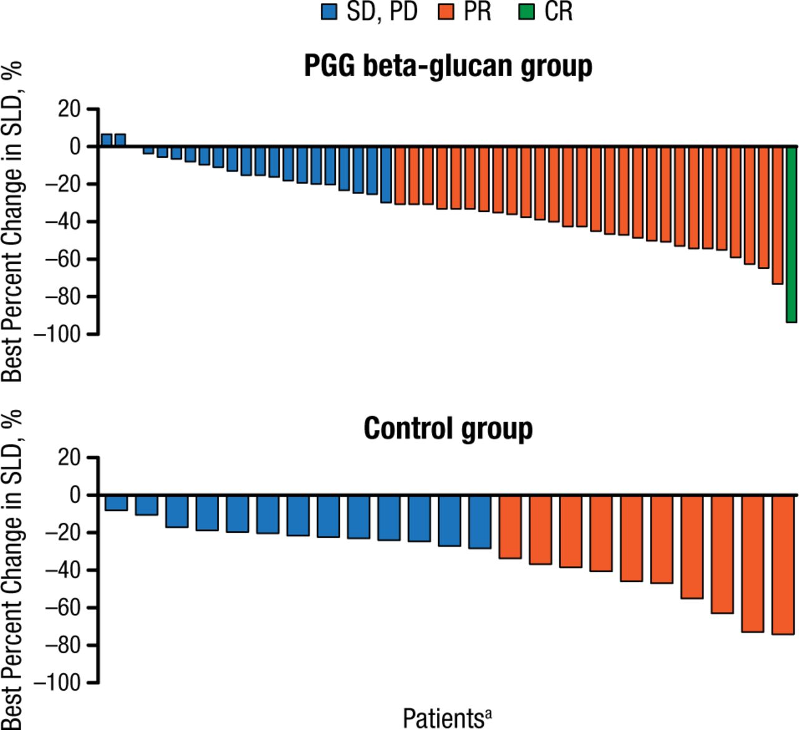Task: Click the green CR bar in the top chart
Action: [791, 234]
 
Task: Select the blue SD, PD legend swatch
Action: [329, 12]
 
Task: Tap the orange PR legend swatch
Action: [446, 12]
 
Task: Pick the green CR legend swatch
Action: [527, 12]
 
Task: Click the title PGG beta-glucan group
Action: [448, 66]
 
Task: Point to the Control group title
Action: [448, 429]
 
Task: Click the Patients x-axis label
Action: [442, 718]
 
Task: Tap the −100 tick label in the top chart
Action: [57, 334]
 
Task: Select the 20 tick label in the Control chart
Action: [69, 457]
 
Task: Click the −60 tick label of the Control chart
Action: [63, 608]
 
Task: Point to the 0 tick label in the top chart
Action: [75, 147]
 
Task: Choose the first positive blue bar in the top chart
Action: [107, 140]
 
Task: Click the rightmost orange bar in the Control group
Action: [783, 565]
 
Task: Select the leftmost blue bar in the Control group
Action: [116, 503]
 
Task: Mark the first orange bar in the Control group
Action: [510, 527]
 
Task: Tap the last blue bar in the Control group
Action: [479, 522]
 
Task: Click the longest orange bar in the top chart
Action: [777, 215]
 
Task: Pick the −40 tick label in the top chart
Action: [63, 222]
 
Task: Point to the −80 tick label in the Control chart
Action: [63, 645]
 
